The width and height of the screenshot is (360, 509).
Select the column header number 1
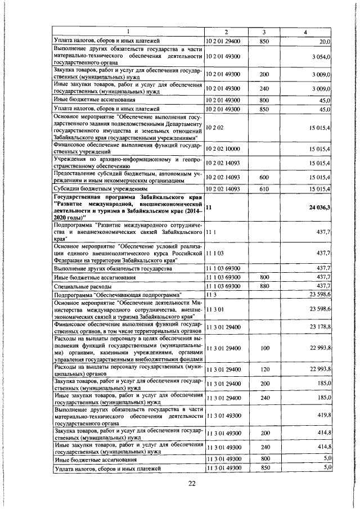click(x=128, y=32)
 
